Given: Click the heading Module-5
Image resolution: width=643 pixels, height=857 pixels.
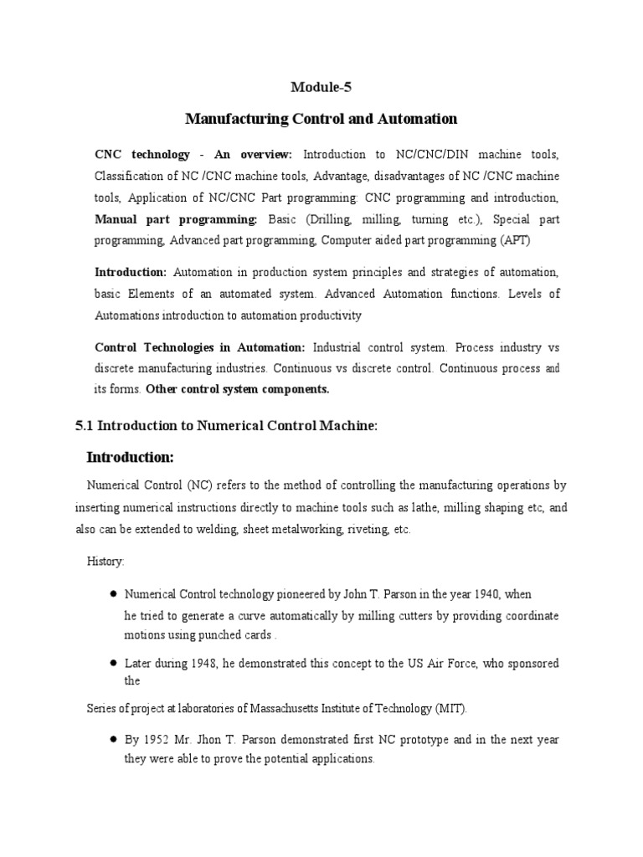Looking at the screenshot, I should (321, 86).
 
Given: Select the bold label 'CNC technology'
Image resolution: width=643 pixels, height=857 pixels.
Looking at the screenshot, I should (142, 156).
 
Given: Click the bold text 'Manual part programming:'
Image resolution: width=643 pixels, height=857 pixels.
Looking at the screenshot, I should (177, 218).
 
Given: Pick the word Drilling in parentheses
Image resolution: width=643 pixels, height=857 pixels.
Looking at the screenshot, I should (333, 218).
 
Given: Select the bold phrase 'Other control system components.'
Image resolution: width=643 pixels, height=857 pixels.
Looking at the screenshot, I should (238, 388).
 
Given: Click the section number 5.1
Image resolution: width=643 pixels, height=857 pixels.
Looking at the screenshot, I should (85, 426).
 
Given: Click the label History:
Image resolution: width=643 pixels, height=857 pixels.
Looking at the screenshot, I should (105, 562).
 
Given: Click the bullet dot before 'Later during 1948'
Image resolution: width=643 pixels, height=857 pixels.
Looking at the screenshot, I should (112, 663).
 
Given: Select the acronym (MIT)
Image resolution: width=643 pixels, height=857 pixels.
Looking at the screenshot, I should (451, 708).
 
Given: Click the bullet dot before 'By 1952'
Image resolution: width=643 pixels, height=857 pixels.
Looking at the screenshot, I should (112, 740).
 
